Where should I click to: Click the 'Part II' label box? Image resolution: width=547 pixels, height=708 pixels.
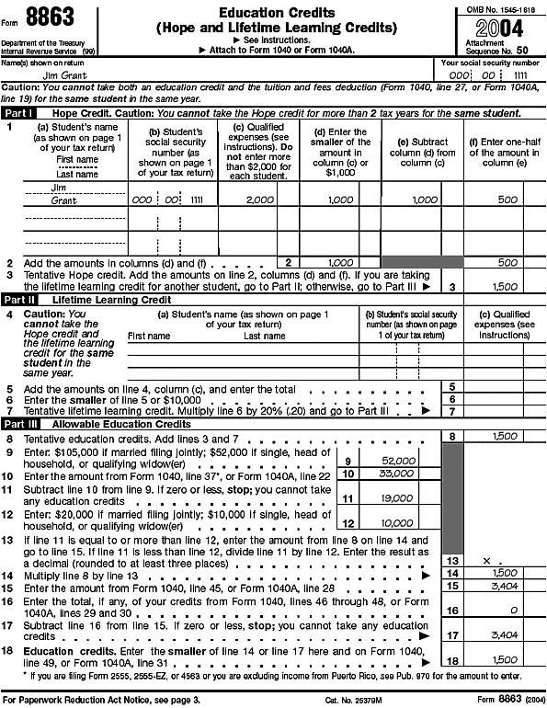[19, 301]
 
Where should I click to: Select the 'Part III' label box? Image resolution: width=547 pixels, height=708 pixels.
[20, 424]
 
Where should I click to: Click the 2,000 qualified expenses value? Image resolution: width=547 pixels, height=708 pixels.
[260, 200]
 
